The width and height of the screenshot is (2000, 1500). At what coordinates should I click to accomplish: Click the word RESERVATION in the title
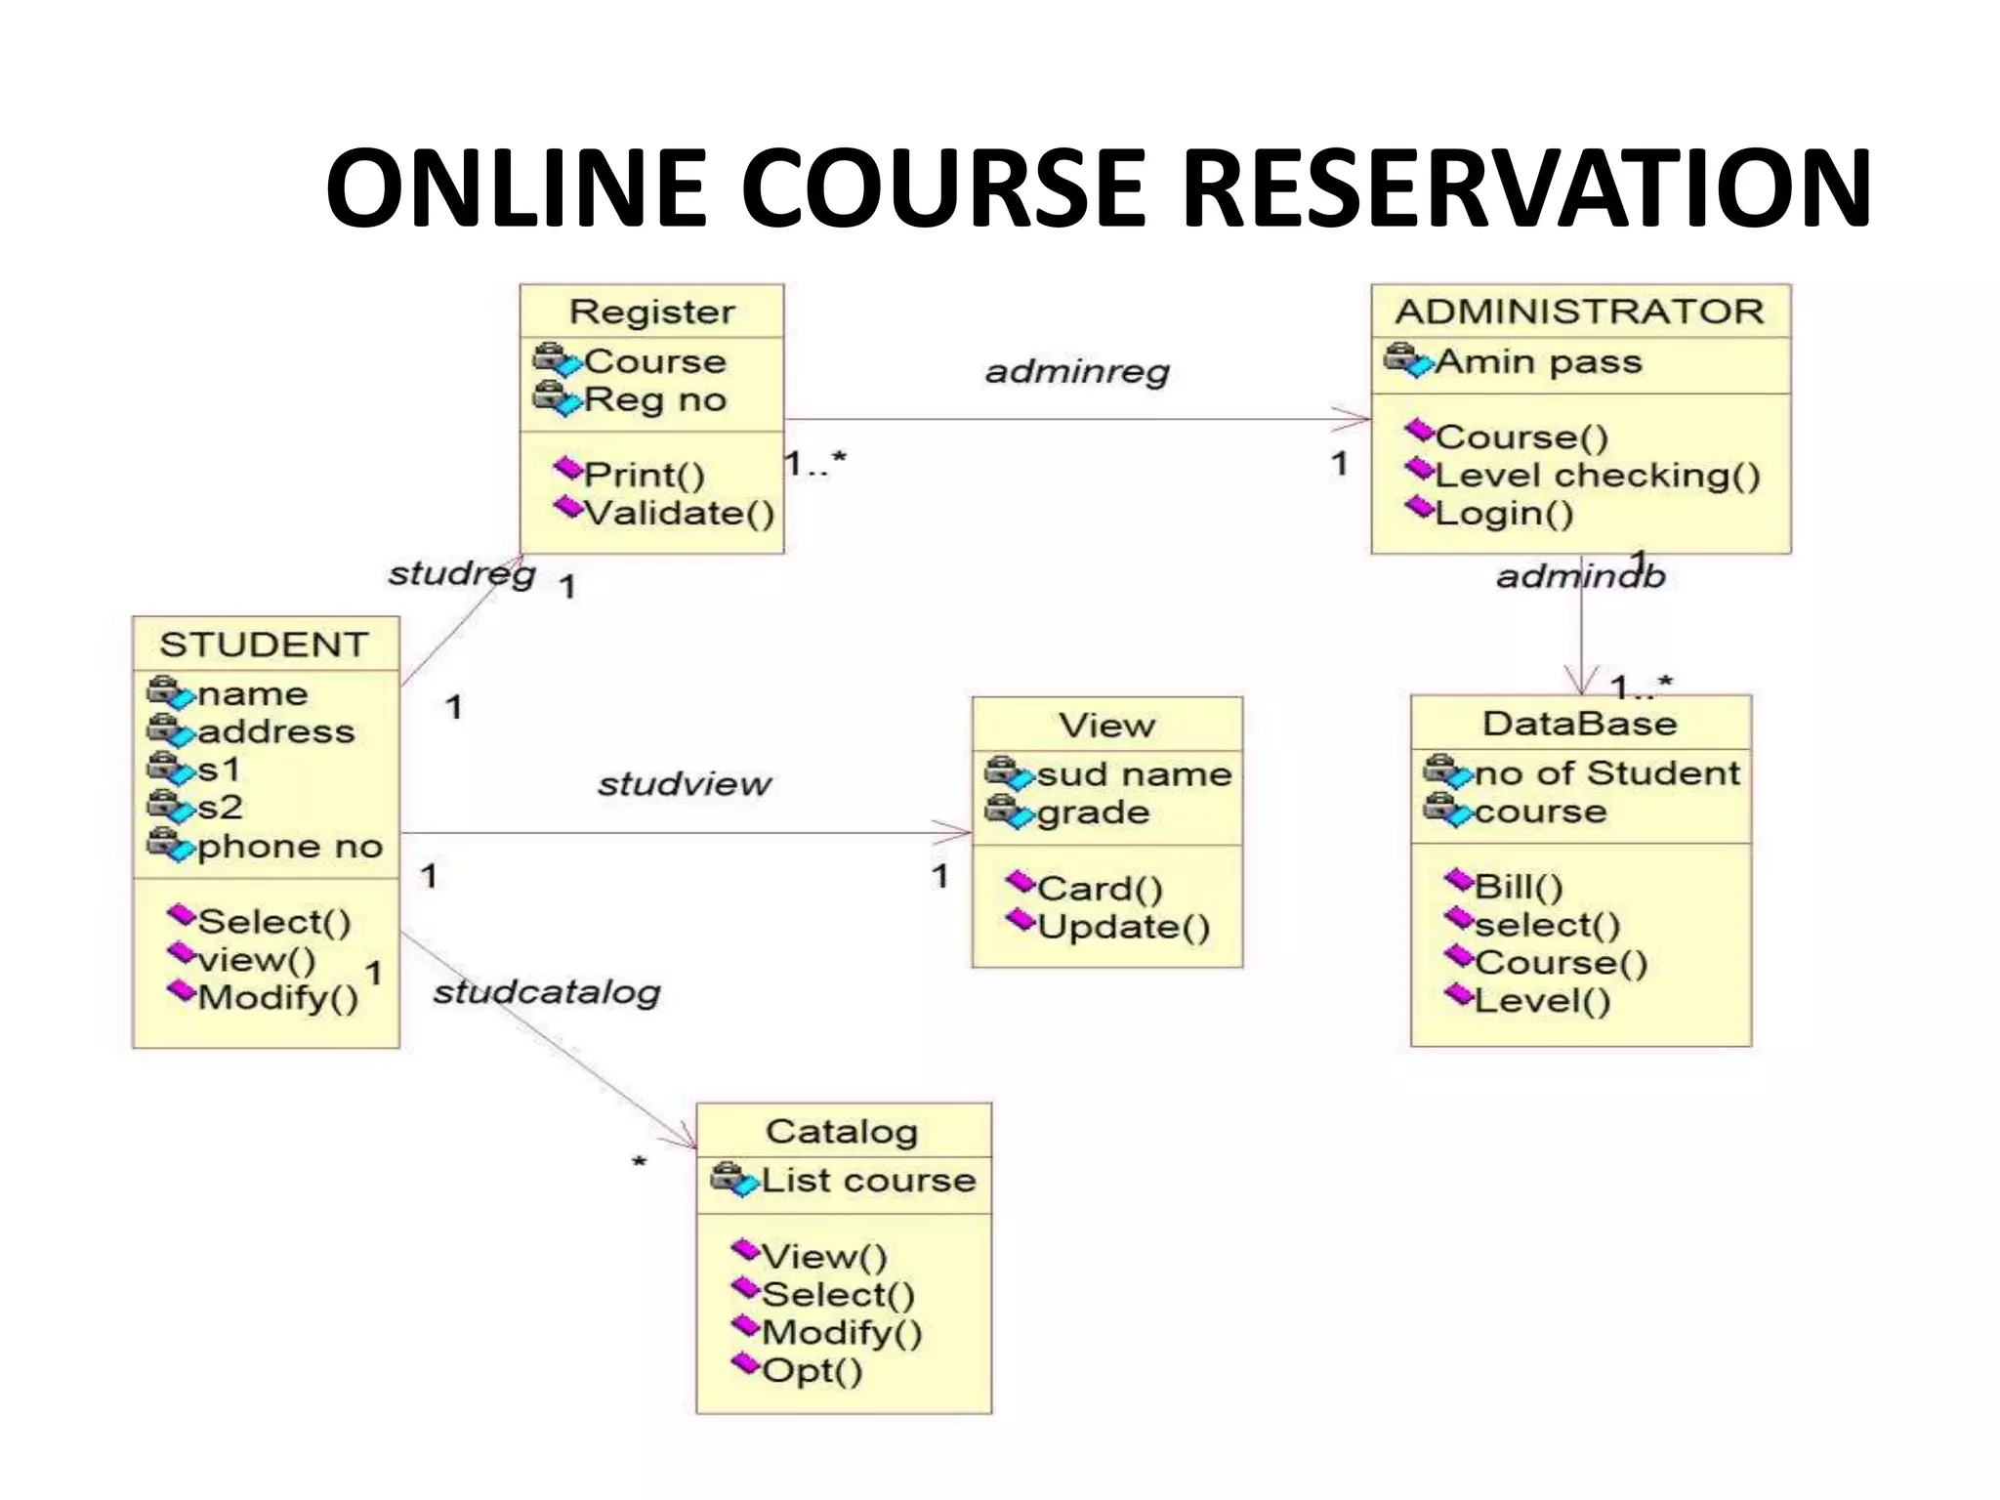pyautogui.click(x=1526, y=188)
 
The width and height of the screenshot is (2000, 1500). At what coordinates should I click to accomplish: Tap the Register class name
pyautogui.click(x=651, y=312)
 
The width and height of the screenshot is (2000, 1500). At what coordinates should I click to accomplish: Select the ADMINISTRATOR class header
pyautogui.click(x=1579, y=312)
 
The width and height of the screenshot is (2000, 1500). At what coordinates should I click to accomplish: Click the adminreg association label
pyautogui.click(x=1076, y=372)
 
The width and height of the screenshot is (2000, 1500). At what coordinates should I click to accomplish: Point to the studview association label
pyautogui.click(x=684, y=784)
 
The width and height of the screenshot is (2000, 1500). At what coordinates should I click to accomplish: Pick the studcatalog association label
pyautogui.click(x=546, y=993)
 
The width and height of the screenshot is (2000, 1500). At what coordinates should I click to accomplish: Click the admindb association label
pyautogui.click(x=1579, y=577)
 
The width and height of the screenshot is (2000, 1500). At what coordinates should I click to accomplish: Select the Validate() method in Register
pyautogui.click(x=679, y=514)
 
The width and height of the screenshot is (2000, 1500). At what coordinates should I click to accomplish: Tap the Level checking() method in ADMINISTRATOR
pyautogui.click(x=1598, y=476)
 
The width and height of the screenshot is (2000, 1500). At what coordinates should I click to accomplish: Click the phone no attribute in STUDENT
pyautogui.click(x=289, y=847)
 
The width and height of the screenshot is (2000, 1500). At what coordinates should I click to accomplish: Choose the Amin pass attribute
pyautogui.click(x=1538, y=362)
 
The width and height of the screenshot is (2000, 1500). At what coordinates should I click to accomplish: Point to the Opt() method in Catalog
pyautogui.click(x=812, y=1371)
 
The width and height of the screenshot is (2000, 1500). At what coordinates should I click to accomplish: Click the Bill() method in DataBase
pyautogui.click(x=1519, y=887)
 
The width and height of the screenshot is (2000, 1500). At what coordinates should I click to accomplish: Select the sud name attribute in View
pyautogui.click(x=1133, y=774)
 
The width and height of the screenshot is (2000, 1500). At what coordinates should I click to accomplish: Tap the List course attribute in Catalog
pyautogui.click(x=867, y=1181)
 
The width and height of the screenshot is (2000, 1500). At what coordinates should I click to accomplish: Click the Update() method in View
pyautogui.click(x=1123, y=927)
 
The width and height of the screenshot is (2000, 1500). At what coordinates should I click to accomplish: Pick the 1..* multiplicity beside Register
pyautogui.click(x=815, y=463)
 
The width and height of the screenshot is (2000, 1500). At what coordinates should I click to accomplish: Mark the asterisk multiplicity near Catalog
pyautogui.click(x=639, y=1162)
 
